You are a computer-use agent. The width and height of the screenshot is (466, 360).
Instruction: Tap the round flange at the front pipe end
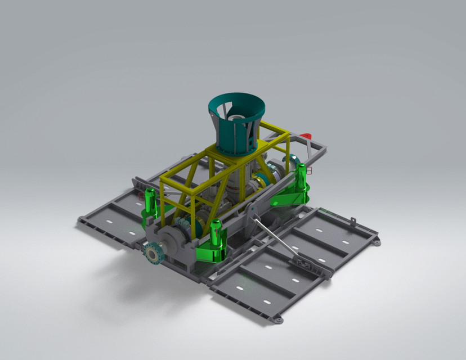click(x=151, y=254)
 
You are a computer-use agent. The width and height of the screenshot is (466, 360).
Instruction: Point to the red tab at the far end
click(x=305, y=136)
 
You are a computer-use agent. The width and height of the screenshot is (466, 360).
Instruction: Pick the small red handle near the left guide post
click(x=140, y=195)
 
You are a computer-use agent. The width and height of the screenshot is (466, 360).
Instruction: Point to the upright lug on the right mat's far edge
click(x=353, y=220)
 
